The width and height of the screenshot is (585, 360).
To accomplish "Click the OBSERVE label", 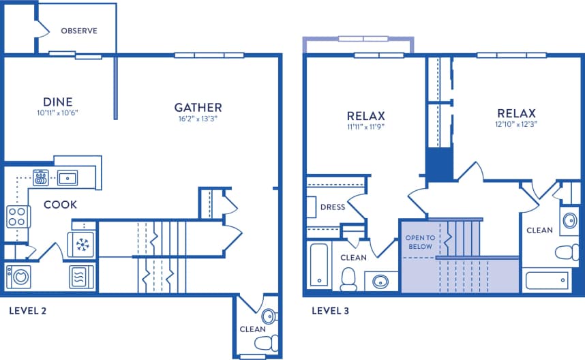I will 79,31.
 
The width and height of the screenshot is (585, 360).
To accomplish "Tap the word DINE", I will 58,102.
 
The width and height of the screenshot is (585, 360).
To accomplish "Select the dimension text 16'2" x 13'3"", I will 198,119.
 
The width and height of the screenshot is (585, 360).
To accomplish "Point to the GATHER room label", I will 198,107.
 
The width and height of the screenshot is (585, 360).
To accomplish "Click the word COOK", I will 61,204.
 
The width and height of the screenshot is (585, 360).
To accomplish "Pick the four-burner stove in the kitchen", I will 18,217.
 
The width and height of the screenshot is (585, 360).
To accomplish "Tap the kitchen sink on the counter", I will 67,179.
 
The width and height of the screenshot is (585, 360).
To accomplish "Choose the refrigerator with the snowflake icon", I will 82,244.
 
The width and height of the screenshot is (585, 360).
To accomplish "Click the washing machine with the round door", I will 18,277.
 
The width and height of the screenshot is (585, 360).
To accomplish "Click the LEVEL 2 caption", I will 27,311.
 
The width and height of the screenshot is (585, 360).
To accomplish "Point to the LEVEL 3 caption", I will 330,311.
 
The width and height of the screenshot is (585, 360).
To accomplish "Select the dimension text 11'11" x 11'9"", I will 366,126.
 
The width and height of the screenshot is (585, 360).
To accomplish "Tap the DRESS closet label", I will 332,207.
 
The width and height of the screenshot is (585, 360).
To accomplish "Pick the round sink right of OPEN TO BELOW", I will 569,220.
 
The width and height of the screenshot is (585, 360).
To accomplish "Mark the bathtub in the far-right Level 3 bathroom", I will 547,280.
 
